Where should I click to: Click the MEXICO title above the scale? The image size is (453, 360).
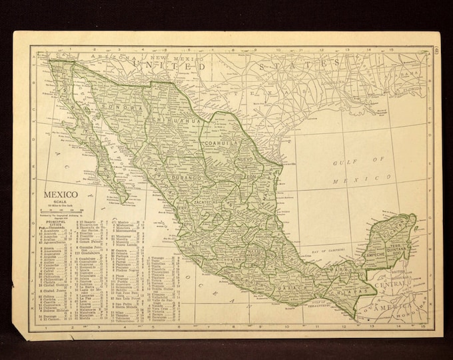coord(61,196)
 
